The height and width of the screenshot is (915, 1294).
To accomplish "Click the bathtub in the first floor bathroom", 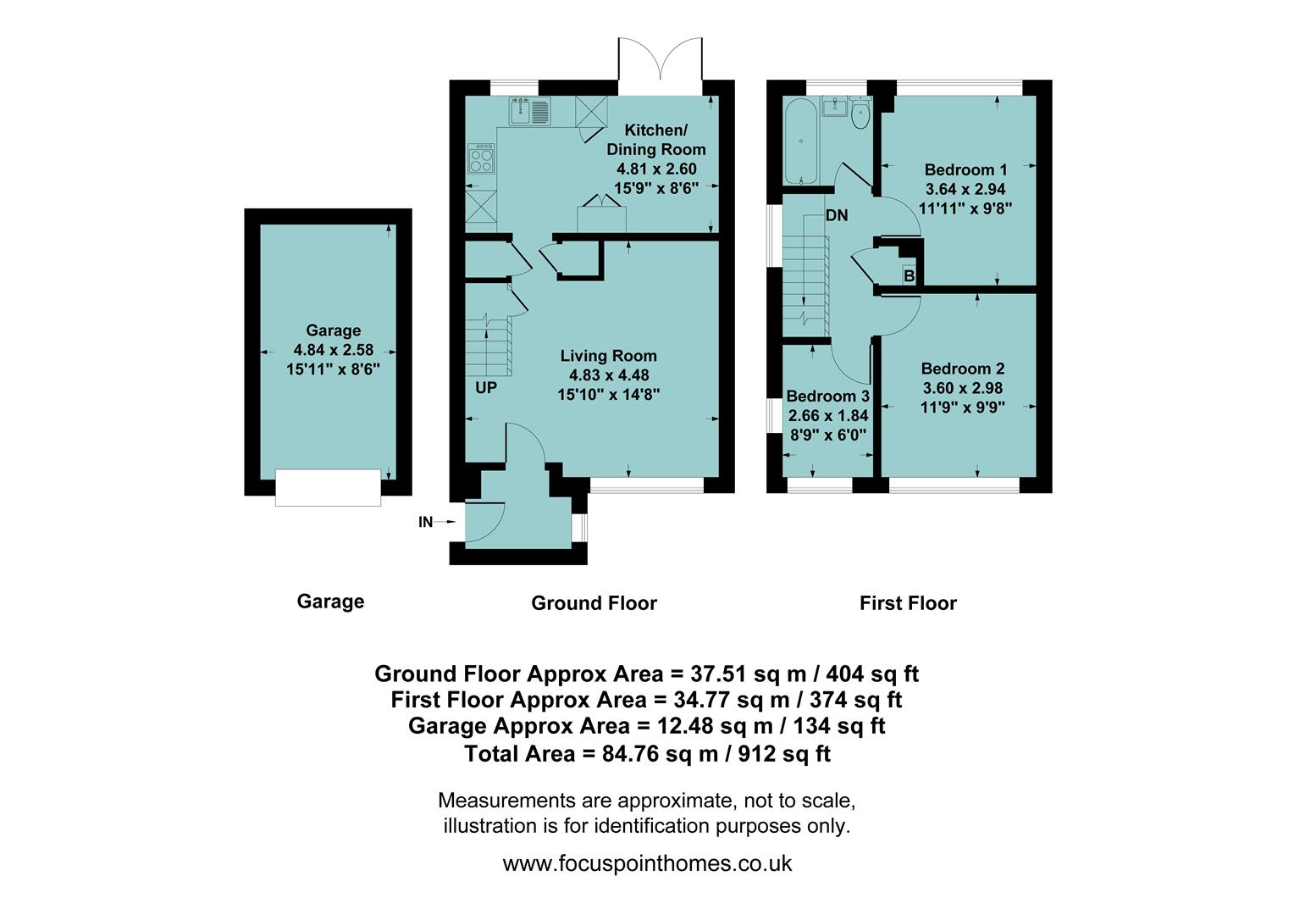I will (800, 140).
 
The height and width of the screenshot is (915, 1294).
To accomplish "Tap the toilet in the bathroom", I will (860, 114).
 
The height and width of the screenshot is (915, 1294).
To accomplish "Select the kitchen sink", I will (529, 110).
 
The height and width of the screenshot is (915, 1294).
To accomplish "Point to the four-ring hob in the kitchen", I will (481, 159).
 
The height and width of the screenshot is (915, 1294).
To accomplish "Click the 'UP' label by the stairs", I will (486, 388).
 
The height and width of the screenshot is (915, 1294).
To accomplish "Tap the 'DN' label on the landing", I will (837, 215).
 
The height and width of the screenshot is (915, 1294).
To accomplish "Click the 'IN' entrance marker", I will (426, 522).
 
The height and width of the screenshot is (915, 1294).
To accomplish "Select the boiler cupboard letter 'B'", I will (909, 275).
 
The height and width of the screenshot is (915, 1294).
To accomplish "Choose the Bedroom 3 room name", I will (827, 396).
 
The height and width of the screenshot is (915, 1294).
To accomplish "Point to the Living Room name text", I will (608, 356).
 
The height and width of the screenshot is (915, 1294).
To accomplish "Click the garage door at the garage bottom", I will (328, 487).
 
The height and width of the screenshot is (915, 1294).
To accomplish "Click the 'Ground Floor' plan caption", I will (594, 603).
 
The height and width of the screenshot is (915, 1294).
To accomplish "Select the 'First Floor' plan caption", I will (908, 603).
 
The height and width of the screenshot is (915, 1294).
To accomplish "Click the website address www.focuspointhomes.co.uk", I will (647, 863).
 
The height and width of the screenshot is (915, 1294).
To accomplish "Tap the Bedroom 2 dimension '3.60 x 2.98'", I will (962, 388).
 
